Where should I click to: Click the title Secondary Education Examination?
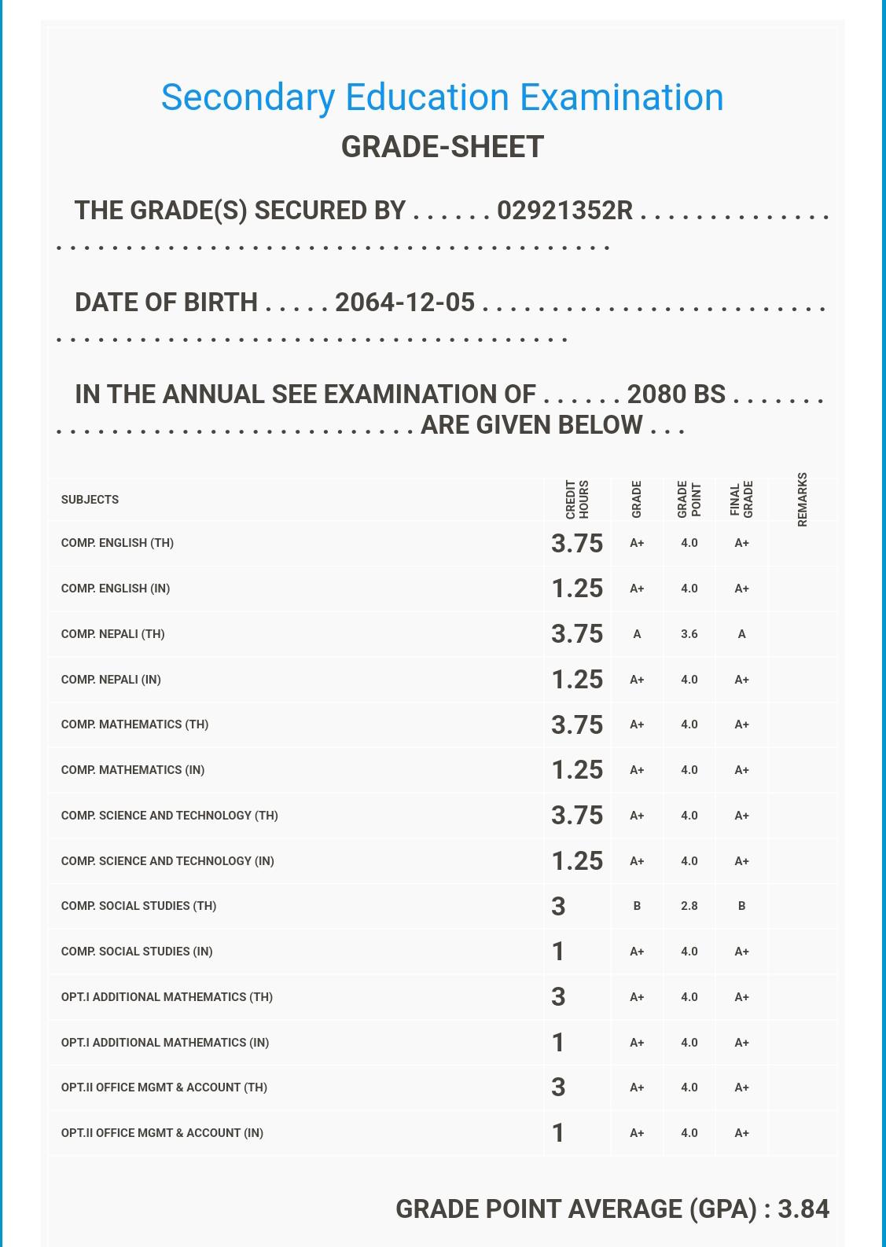pyautogui.click(x=442, y=98)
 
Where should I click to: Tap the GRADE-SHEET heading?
pyautogui.click(x=442, y=147)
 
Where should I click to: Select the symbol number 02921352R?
pyautogui.click(x=564, y=211)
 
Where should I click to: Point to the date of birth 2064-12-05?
pyautogui.click(x=404, y=303)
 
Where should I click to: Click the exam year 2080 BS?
pyautogui.click(x=675, y=394)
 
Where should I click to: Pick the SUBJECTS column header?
pyautogui.click(x=90, y=500)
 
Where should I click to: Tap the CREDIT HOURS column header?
pyautogui.click(x=577, y=499)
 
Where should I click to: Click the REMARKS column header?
pyautogui.click(x=802, y=499)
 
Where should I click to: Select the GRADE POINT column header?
pyautogui.click(x=689, y=499)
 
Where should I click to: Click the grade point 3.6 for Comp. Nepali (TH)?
pyautogui.click(x=689, y=634)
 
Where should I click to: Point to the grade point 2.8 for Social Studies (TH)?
pyautogui.click(x=689, y=906)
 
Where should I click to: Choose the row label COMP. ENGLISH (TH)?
pyautogui.click(x=117, y=543)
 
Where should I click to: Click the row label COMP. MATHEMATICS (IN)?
pyautogui.click(x=133, y=770)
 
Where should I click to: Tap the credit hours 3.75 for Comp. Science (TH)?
pyautogui.click(x=576, y=816)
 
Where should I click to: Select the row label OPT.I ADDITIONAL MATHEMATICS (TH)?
pyautogui.click(x=167, y=997)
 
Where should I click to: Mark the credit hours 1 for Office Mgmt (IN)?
pyautogui.click(x=558, y=1133)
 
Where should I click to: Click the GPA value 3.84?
pyautogui.click(x=803, y=1208)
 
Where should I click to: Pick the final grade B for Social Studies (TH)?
pyautogui.click(x=741, y=906)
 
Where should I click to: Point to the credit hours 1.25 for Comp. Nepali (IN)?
pyautogui.click(x=576, y=680)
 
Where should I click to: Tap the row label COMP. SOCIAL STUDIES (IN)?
pyautogui.click(x=137, y=952)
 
